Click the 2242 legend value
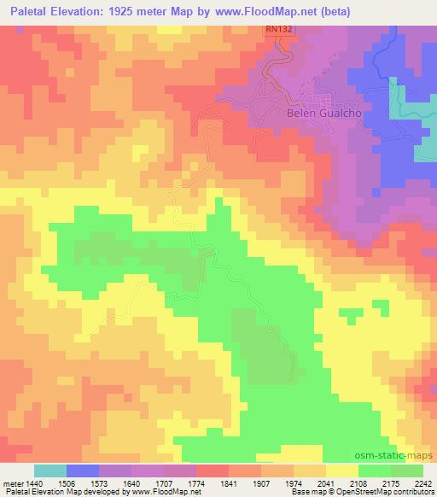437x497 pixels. (x=424, y=483)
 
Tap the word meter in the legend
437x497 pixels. (x=15, y=483)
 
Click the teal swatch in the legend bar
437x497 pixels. (x=50, y=471)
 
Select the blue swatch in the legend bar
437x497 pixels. (x=83, y=471)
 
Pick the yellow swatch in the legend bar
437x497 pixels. (x=342, y=471)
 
